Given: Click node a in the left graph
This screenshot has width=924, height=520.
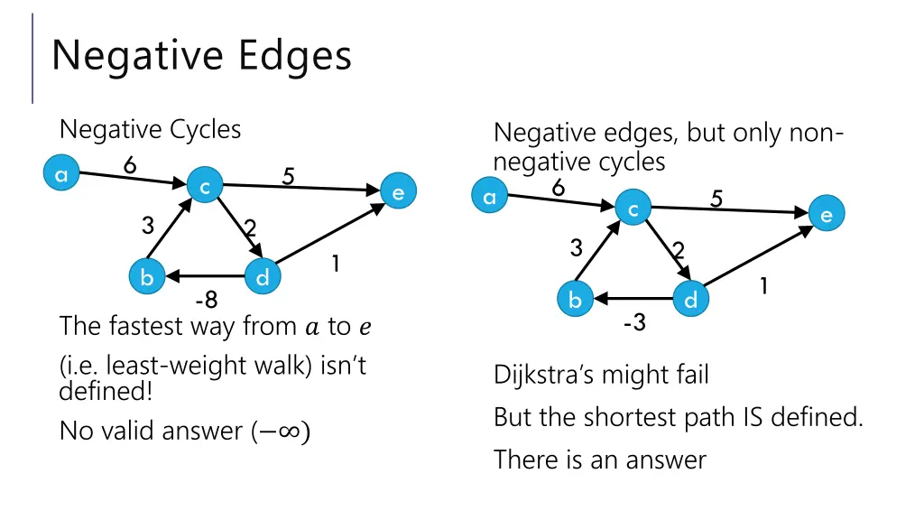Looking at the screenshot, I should click(x=61, y=175).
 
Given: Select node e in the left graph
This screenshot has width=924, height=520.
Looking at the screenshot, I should click(x=398, y=192).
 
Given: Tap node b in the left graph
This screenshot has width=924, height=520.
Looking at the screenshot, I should click(x=144, y=277).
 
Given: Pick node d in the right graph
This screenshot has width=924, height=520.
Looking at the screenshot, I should click(x=690, y=299).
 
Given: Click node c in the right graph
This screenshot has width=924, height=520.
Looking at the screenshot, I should click(x=633, y=209).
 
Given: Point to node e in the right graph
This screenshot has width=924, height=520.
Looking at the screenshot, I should click(x=826, y=214).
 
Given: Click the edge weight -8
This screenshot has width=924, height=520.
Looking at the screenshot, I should click(x=206, y=300).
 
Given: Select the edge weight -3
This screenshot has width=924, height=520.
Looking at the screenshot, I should click(x=634, y=322).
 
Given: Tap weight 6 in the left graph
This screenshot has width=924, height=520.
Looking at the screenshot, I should click(x=130, y=165).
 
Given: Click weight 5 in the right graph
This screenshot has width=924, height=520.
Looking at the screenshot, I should click(x=716, y=198).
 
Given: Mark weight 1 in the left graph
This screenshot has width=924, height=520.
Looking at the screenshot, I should click(x=335, y=264).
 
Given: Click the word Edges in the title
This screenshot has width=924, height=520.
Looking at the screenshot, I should click(x=295, y=55).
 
